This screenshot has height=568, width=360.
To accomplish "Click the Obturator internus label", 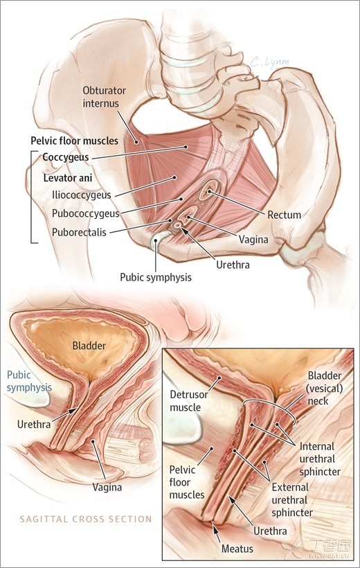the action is pyautogui.click(x=105, y=97).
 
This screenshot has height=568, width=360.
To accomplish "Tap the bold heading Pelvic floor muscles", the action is pyautogui.click(x=74, y=141).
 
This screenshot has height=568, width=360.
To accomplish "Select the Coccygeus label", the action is pyautogui.click(x=66, y=157).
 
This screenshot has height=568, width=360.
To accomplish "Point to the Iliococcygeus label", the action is pyautogui.click(x=82, y=195).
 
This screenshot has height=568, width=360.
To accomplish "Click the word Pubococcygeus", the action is pyautogui.click(x=85, y=213).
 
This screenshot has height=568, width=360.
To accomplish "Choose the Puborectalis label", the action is pyautogui.click(x=80, y=232).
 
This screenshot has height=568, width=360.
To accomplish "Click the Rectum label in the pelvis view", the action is pyautogui.click(x=285, y=215).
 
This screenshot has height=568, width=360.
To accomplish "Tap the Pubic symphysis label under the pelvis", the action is pyautogui.click(x=156, y=278).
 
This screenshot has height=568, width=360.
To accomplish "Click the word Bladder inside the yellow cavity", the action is pyautogui.click(x=89, y=345).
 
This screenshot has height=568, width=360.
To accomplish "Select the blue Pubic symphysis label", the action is pyautogui.click(x=29, y=381).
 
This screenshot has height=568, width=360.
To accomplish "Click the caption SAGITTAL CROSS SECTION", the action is pyautogui.click(x=86, y=519).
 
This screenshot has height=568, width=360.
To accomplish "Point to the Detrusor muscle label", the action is pyautogui.click(x=189, y=401).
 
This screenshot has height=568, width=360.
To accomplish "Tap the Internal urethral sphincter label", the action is pyautogui.click(x=320, y=459).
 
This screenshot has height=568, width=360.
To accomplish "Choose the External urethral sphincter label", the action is pyautogui.click(x=292, y=500).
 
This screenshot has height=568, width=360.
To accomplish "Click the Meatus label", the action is pyautogui.click(x=237, y=549).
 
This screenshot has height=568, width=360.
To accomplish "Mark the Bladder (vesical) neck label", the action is pyautogui.click(x=325, y=389).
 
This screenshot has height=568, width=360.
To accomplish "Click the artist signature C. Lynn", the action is pyautogui.click(x=270, y=62).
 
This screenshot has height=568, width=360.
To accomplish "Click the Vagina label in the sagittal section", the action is pyautogui.click(x=107, y=487).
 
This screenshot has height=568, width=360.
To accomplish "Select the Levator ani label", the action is pyautogui.click(x=68, y=178).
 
